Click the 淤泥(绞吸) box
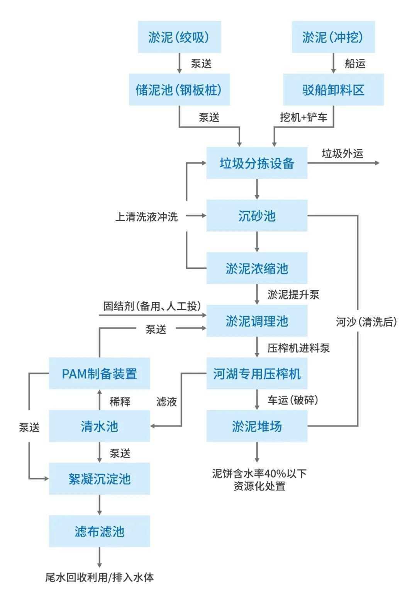point(179,37)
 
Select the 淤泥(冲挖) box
point(333,37)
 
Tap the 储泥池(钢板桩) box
point(179,90)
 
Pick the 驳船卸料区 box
point(333,90)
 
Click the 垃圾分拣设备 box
point(257,163)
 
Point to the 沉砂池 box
point(257,216)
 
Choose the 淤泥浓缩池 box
point(257,268)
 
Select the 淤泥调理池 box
point(257,321)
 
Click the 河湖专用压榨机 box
point(257,373)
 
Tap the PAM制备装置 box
point(99,373)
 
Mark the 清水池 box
point(99,426)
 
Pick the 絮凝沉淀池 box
point(99,479)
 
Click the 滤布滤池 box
point(99,531)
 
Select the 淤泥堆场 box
point(257,426)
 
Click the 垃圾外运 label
point(342,153)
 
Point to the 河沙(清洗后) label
point(366,322)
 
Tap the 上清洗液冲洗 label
point(146,216)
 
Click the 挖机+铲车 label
point(303,117)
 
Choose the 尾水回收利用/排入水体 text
point(100,578)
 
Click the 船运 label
point(355,63)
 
